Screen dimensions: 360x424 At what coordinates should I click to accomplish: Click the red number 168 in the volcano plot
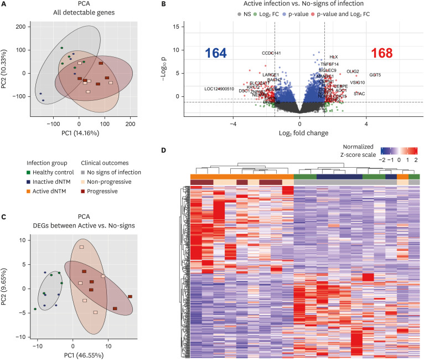(381, 53)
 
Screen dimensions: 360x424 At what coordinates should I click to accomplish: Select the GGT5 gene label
(375, 74)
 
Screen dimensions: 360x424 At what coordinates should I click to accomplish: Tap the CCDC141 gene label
(271, 53)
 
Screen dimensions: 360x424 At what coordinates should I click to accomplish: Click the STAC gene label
(359, 94)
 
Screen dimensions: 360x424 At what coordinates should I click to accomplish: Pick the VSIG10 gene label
(358, 83)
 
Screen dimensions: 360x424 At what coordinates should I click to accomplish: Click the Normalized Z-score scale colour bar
(399, 150)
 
